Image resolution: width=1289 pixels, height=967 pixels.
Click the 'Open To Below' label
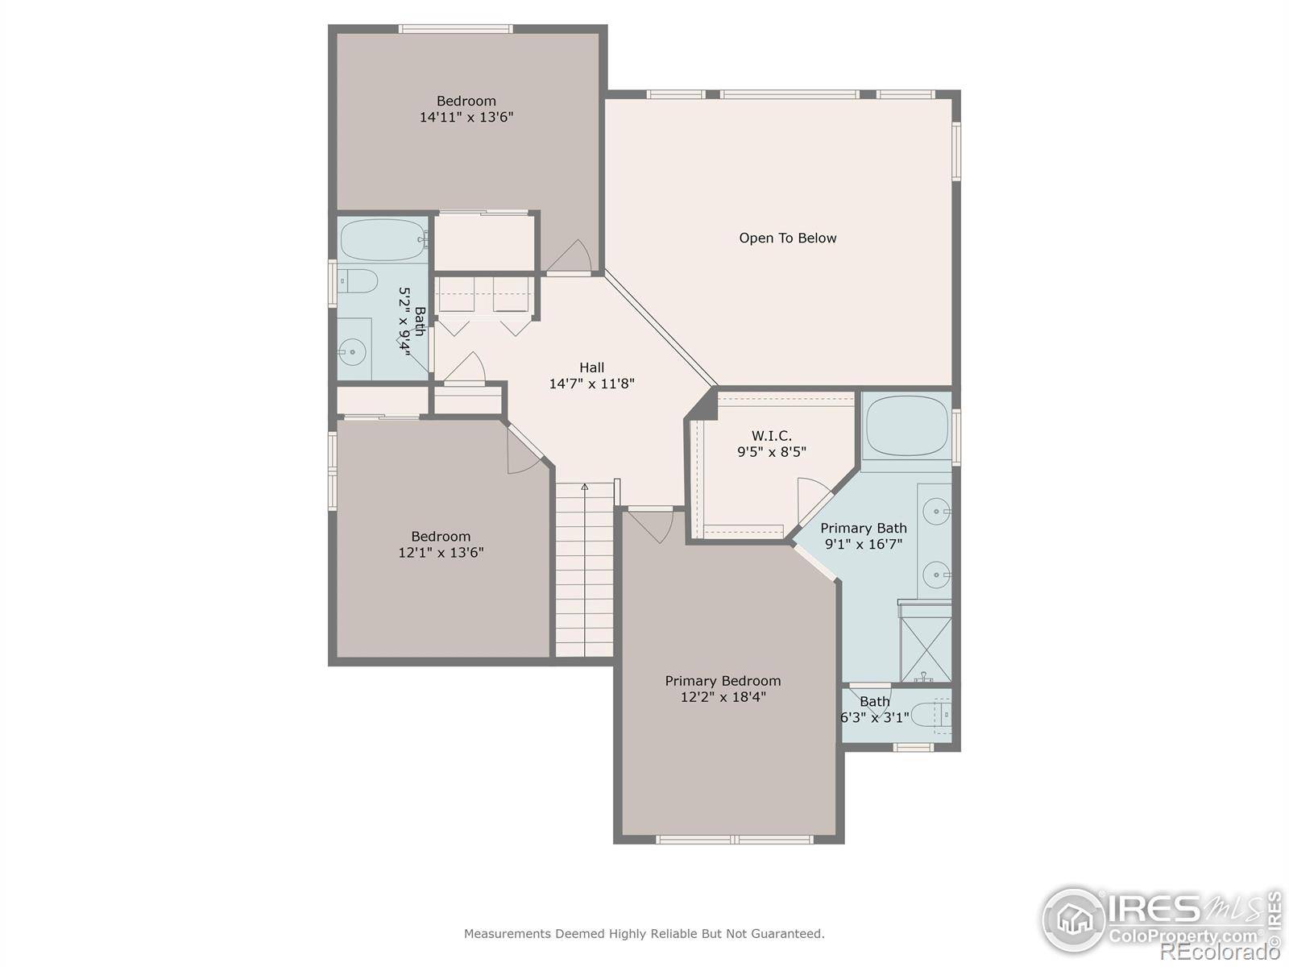point(787,238)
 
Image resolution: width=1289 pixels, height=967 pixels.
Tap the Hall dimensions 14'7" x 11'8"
point(591,384)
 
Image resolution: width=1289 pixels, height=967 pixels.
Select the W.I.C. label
point(771,436)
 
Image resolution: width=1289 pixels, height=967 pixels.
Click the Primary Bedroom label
point(723,681)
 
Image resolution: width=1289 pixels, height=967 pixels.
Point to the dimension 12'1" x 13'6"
point(441,553)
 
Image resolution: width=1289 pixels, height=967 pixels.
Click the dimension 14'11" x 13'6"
point(466,117)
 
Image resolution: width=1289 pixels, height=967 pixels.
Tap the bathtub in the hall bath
point(383,240)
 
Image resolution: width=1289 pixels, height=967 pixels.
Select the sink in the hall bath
point(351,352)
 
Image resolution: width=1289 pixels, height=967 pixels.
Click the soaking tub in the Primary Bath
point(906,425)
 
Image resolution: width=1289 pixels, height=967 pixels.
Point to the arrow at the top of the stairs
point(585,487)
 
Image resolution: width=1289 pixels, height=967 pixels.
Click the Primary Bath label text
point(864,528)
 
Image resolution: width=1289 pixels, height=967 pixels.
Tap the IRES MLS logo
point(1160,919)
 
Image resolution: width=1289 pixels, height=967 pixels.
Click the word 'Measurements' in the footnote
point(507,934)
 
